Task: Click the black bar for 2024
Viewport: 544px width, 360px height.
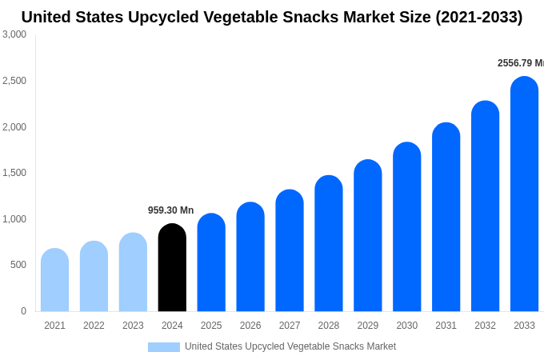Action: click(x=172, y=268)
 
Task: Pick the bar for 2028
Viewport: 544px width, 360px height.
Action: click(x=329, y=244)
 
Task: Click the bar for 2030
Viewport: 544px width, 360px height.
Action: click(x=406, y=227)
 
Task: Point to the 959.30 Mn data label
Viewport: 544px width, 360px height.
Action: click(x=170, y=210)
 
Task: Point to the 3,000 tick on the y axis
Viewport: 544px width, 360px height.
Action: click(x=14, y=34)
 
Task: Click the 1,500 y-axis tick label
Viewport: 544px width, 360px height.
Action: click(x=14, y=173)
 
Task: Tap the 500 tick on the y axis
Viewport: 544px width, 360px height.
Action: click(x=18, y=265)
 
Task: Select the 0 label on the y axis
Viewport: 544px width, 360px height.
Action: click(x=23, y=311)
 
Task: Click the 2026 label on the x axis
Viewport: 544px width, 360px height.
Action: click(x=250, y=326)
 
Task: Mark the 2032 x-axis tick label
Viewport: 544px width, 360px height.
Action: click(x=485, y=326)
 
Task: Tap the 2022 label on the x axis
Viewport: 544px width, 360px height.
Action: click(x=94, y=326)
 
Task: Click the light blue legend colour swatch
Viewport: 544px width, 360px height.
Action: click(x=163, y=347)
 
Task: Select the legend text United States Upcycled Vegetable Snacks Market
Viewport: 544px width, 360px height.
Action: click(x=290, y=346)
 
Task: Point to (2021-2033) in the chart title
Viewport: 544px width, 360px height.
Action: click(x=478, y=17)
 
